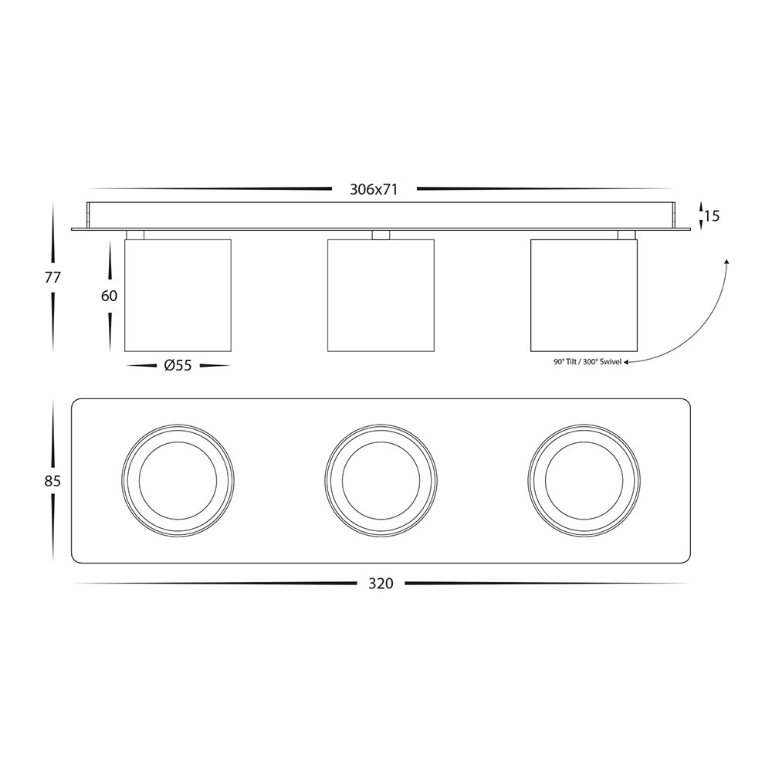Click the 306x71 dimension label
point(373,190)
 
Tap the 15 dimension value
point(712,215)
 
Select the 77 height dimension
point(52,278)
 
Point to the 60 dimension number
point(110,296)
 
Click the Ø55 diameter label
point(178,366)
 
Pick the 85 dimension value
point(52,480)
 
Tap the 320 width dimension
point(381,584)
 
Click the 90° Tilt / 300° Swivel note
point(587,362)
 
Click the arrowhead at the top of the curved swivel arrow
point(726,262)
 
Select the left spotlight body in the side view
point(178,296)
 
